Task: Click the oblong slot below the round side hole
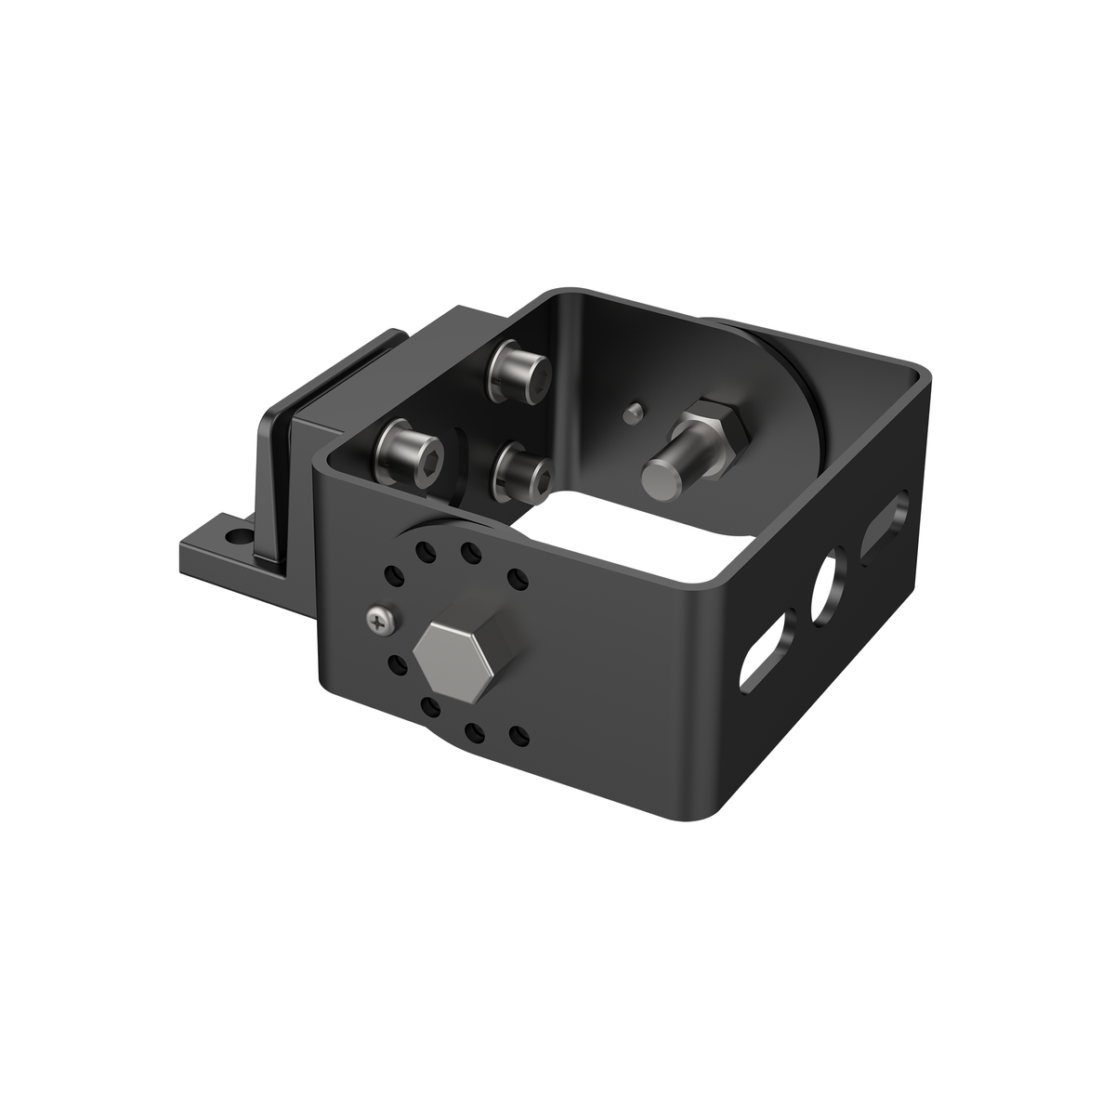[767, 661]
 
